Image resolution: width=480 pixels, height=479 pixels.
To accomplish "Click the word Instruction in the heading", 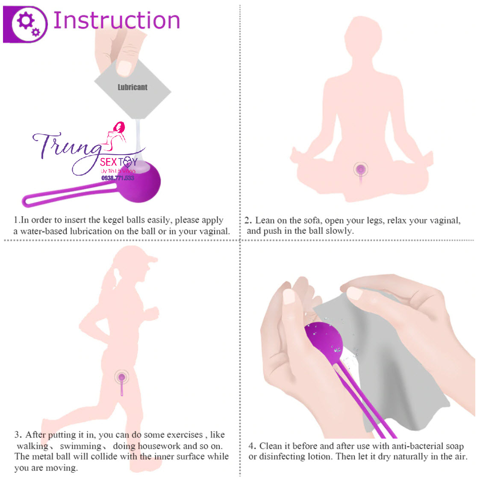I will tap(116, 21).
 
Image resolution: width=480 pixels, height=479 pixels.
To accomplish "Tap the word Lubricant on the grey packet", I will tap(133, 87).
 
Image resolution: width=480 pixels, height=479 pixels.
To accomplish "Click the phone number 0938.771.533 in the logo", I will tap(118, 178).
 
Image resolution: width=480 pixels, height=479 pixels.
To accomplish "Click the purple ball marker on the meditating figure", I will tap(361, 170).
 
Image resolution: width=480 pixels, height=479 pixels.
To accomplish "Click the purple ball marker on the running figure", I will tap(122, 377).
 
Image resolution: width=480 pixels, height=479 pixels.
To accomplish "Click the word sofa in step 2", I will tap(311, 220).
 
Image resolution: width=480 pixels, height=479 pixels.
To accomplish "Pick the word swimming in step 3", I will tap(80, 446).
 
